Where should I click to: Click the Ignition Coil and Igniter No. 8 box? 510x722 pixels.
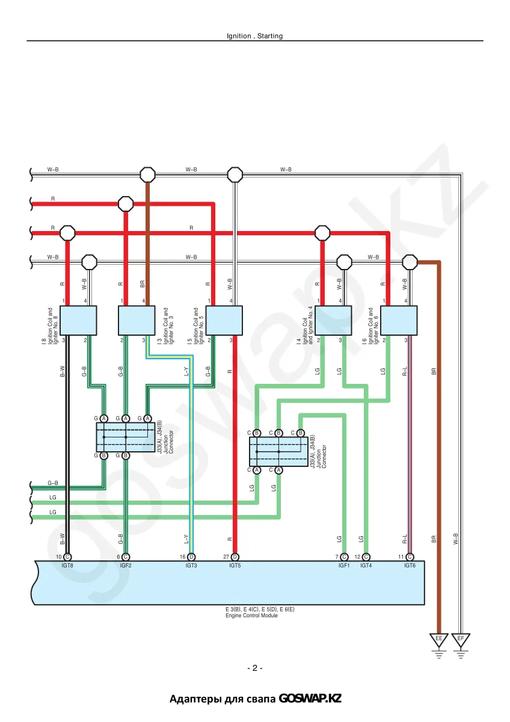(78, 320)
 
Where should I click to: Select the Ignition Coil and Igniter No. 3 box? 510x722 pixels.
(137, 320)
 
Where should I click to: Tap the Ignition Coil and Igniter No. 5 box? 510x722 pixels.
(224, 320)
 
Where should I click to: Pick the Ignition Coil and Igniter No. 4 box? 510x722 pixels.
(333, 320)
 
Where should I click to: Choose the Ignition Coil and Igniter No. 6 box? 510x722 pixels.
(399, 320)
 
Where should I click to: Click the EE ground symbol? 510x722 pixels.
(439, 646)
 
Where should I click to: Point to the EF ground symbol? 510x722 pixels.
(461, 646)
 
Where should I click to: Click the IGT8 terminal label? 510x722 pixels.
(67, 566)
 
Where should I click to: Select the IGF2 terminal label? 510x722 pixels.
(126, 566)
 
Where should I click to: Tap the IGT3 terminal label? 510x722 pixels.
(191, 566)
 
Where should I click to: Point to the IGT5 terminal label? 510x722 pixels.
(235, 566)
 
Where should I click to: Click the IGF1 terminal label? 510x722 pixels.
(344, 566)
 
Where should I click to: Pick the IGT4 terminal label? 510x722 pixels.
(366, 566)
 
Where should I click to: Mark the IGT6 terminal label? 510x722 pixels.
(410, 566)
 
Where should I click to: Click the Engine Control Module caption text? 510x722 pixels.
(251, 616)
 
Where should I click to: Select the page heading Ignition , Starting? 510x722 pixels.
(255, 35)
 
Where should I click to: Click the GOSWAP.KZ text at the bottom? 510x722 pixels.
(310, 699)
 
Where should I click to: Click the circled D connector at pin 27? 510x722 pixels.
(235, 557)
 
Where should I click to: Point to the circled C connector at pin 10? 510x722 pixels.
(67, 557)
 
